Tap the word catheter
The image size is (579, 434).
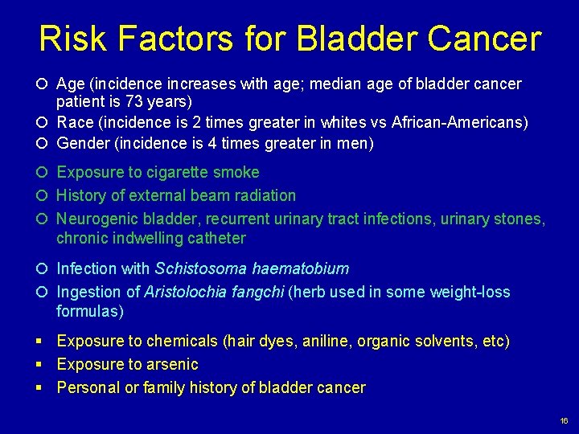tap(216, 239)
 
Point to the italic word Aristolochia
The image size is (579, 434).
tap(183, 292)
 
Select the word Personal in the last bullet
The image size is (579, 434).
tap(88, 388)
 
